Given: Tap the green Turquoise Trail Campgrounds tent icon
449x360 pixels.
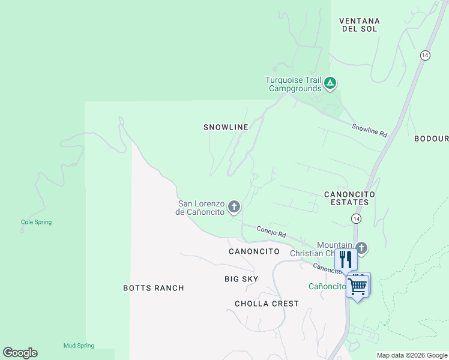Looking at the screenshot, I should click(x=330, y=83).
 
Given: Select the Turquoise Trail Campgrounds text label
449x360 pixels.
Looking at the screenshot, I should click(x=294, y=84).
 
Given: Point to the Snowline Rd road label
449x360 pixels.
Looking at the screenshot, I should click(x=369, y=129).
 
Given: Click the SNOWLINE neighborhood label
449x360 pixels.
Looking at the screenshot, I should click(x=226, y=127).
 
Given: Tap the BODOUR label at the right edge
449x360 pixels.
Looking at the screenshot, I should click(x=431, y=139).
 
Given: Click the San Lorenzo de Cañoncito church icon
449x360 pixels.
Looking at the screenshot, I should click(x=234, y=207).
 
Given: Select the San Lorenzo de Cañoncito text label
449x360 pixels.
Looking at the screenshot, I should click(x=200, y=208).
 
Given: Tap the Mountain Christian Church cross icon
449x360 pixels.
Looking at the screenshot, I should click(x=361, y=247).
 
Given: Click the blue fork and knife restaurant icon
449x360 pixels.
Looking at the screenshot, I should click(x=346, y=259).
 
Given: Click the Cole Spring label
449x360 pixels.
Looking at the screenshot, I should click(x=36, y=222).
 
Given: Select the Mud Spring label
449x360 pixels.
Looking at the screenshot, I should click(x=79, y=346).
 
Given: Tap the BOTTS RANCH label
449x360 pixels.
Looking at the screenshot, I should click(x=154, y=288).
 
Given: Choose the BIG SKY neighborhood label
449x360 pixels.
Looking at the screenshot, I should click(x=241, y=279).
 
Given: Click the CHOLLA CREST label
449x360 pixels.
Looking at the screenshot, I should click(x=267, y=304).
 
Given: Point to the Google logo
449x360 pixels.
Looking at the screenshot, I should click(x=20, y=353).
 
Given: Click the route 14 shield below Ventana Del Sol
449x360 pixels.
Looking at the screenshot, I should click(x=425, y=55).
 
